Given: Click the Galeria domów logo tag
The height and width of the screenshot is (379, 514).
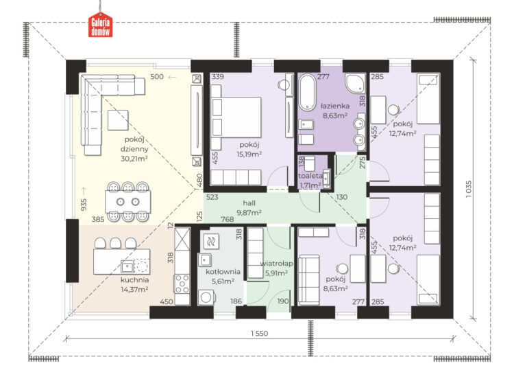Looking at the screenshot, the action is (100, 25).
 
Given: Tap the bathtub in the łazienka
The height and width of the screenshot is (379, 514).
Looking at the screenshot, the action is (307, 92).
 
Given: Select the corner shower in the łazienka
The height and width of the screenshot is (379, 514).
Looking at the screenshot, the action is (355, 83).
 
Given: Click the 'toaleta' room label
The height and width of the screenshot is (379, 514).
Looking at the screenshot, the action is (310, 176).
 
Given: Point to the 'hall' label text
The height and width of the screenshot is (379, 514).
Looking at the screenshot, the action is (249, 203).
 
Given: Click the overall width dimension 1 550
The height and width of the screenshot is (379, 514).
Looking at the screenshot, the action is (260, 334).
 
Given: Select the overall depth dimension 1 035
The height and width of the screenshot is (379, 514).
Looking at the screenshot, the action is (469, 189).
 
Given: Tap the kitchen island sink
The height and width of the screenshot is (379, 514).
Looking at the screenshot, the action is (127, 266).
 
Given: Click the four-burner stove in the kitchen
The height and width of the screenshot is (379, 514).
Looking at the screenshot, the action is (182, 284).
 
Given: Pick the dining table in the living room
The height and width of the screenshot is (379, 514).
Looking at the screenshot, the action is (128, 202).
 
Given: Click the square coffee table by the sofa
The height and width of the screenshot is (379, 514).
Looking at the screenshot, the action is (118, 120).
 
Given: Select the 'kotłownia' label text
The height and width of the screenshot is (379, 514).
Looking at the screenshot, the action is (223, 272).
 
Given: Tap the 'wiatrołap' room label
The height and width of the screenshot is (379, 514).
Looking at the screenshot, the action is (276, 264).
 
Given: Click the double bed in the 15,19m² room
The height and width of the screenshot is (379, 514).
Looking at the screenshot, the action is (236, 117).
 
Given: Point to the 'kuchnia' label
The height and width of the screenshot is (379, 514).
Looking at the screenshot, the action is (134, 280).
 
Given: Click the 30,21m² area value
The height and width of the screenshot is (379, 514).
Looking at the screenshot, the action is (134, 159).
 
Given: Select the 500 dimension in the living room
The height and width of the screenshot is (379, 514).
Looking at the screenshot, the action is (157, 76).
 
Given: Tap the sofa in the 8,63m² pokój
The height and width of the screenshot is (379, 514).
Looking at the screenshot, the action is (308, 280).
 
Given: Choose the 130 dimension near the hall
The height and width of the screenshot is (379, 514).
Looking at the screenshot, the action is (341, 197).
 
